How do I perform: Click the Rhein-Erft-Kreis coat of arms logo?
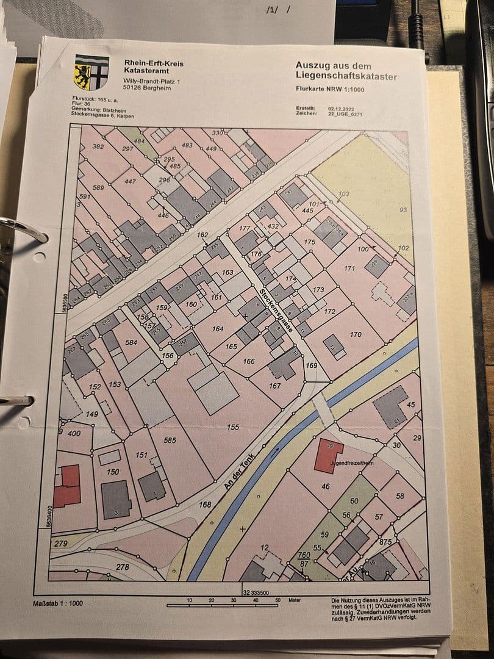(91, 72)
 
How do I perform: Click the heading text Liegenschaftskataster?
(346, 76)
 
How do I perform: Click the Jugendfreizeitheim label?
(351, 463)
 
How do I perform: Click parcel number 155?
(233, 427)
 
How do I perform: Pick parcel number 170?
(356, 334)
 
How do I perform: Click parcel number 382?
(98, 146)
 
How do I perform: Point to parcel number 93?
(403, 210)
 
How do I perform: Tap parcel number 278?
(123, 567)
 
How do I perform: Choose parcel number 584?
(131, 342)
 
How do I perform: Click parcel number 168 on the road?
(205, 504)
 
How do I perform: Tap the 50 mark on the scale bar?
(277, 600)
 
